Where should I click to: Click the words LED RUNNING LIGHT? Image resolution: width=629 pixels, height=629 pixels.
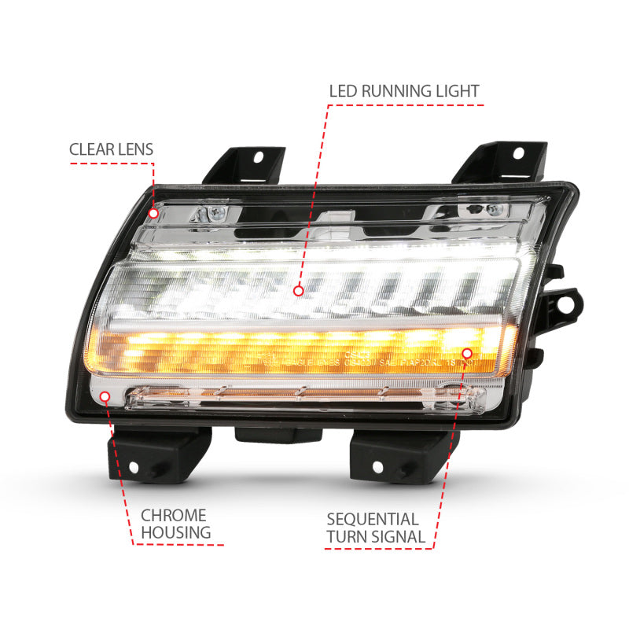(403, 91)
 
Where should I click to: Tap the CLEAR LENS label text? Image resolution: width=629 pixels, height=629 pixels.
(111, 149)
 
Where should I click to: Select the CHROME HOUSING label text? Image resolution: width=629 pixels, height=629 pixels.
(175, 524)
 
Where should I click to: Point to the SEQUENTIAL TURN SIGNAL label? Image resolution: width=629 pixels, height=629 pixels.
(374, 528)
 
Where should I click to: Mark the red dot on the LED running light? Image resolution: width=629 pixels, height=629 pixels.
(298, 290)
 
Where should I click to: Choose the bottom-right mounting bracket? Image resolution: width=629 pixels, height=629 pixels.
(389, 456)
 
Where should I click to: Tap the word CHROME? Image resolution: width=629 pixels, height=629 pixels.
(174, 515)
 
